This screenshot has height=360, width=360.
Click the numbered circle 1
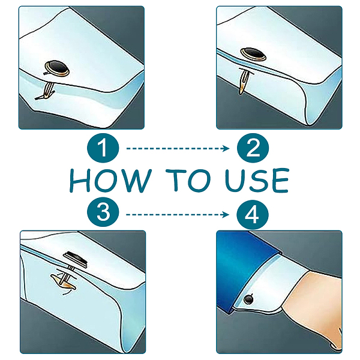click(103, 148)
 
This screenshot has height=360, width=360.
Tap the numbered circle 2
click(253, 148)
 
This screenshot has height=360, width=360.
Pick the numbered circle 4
click(253, 214)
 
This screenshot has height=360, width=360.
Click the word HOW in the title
click(110, 181)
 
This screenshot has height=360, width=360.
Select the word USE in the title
click(257, 181)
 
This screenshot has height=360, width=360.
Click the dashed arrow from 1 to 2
click(178, 149)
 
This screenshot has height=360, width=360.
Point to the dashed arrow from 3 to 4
click(178, 215)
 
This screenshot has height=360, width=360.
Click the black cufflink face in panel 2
click(253, 53)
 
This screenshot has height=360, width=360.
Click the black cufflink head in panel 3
click(76, 259)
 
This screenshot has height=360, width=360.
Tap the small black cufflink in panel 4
click(248, 299)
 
